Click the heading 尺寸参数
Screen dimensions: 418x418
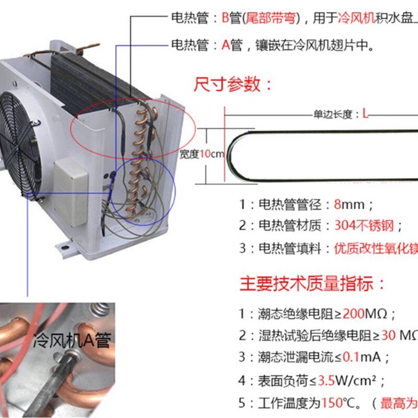[x=233, y=85]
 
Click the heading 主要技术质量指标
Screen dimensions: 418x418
[x=312, y=284]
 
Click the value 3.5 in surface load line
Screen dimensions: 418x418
[x=342, y=380]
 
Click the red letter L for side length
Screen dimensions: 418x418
[x=366, y=114]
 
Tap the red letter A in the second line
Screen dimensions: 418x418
[x=226, y=45]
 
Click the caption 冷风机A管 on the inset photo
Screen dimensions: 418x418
[x=72, y=341]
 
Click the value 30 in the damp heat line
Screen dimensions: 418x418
[x=386, y=336]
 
